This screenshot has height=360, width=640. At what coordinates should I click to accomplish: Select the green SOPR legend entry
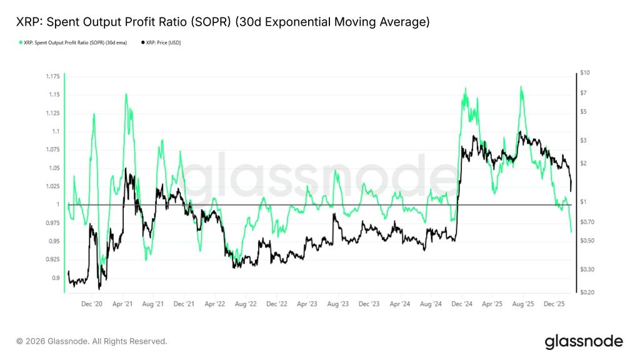[x=71, y=42]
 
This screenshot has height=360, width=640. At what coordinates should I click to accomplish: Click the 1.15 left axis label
[x=54, y=94]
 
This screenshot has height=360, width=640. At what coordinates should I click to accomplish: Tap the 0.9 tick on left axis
[x=56, y=278]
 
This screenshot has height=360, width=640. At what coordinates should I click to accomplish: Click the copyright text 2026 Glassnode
[x=92, y=341]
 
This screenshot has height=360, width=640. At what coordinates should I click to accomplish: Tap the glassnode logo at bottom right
[x=584, y=341]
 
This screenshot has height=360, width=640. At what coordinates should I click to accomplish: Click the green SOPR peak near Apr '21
[x=126, y=94]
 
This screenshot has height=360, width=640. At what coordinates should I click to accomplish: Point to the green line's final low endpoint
[x=571, y=232]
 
